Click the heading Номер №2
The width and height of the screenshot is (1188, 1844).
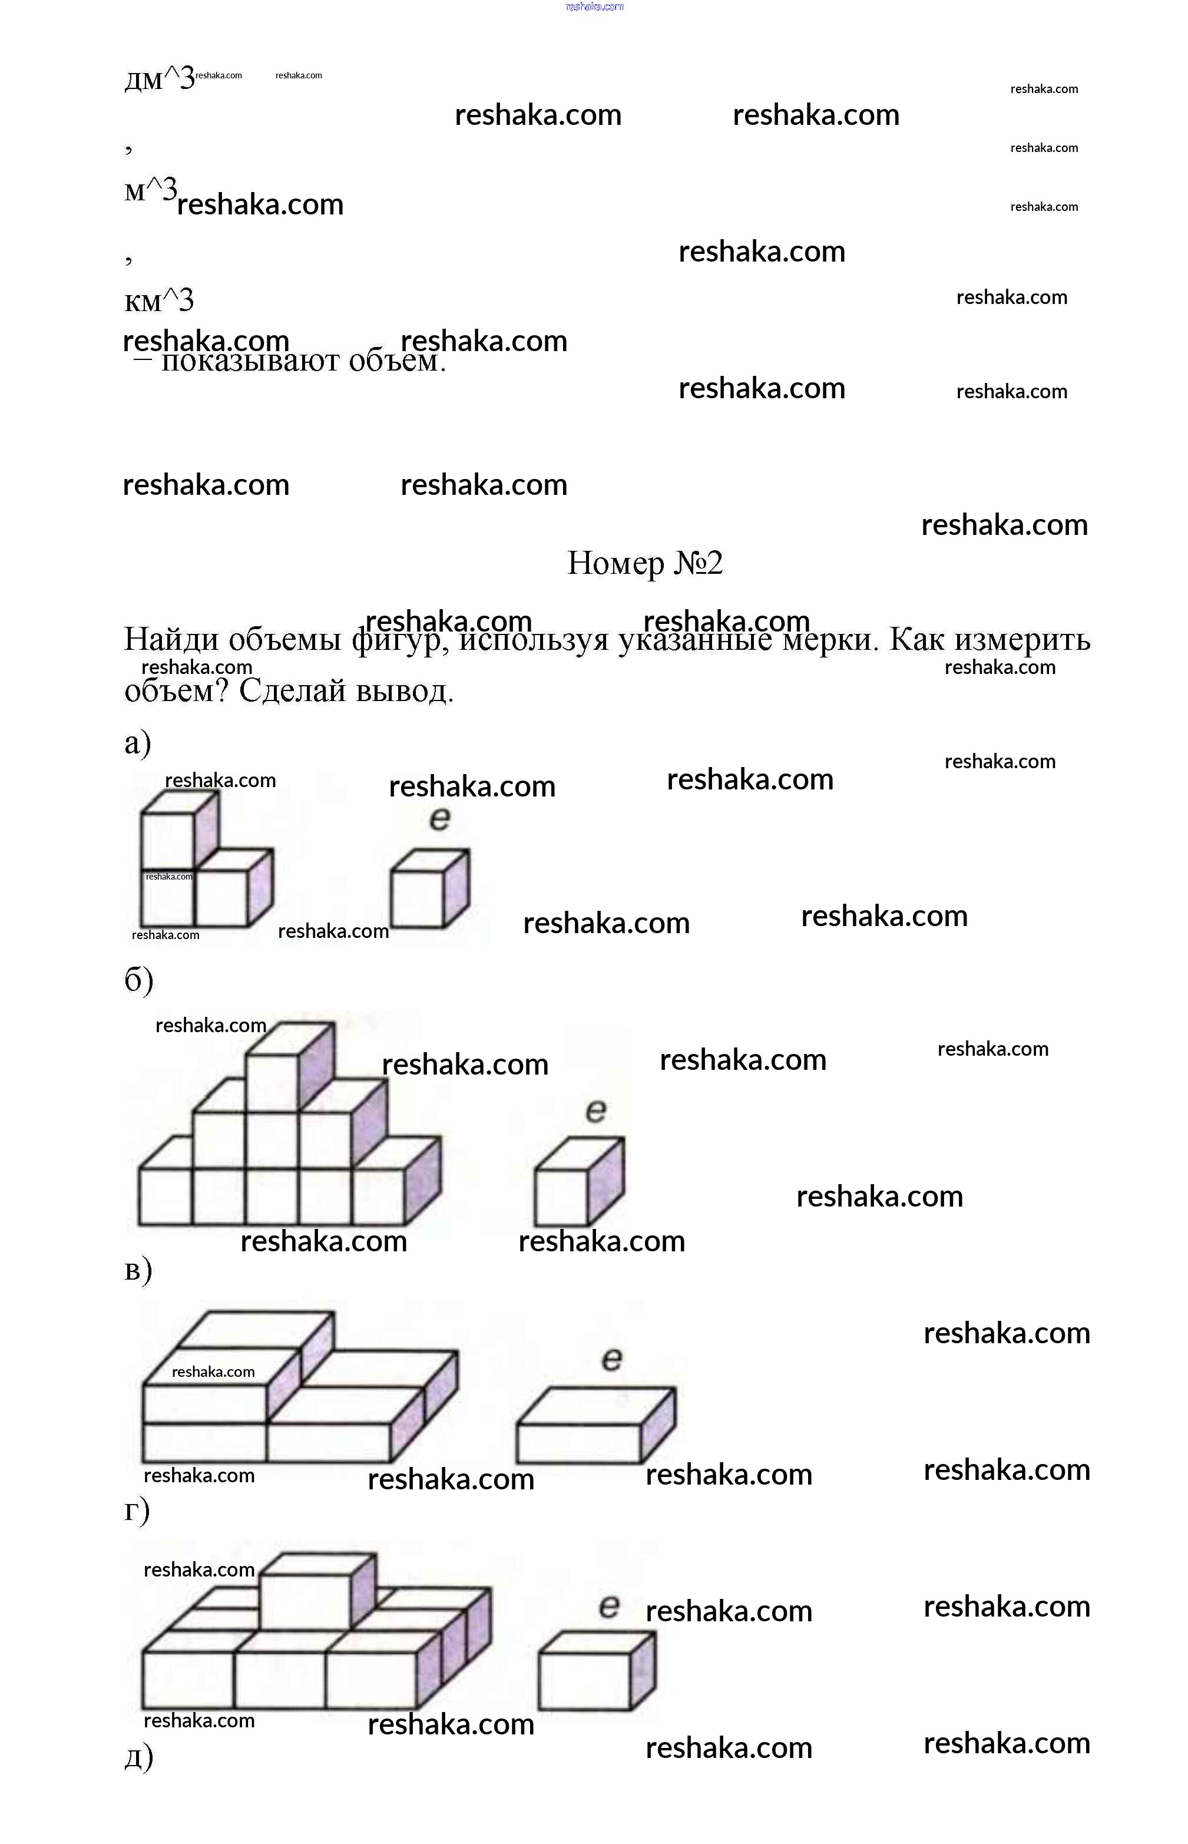tap(645, 563)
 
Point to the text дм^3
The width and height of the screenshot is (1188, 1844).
tap(159, 79)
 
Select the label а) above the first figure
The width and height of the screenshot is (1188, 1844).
tap(138, 742)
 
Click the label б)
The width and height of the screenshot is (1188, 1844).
tap(139, 981)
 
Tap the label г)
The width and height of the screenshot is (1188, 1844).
tap(137, 1509)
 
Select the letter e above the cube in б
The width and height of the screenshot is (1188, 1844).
tap(595, 1111)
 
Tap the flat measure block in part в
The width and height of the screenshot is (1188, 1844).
tap(594, 1426)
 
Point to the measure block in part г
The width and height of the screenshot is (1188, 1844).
tap(595, 1670)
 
